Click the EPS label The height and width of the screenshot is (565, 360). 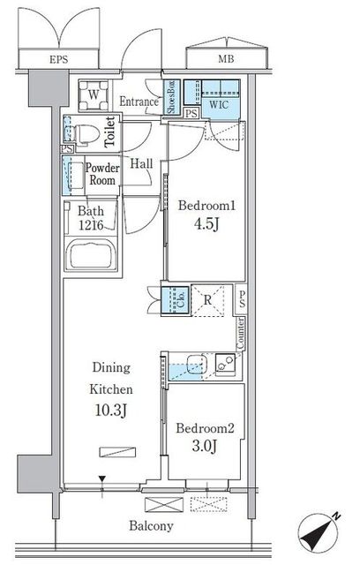(x=59, y=59)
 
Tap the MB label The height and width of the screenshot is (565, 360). (x=226, y=59)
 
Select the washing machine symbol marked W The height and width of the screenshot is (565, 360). (x=94, y=95)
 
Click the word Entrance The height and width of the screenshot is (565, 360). (x=139, y=102)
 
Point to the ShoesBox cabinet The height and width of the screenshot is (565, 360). (x=171, y=97)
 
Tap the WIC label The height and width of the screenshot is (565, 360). (x=219, y=104)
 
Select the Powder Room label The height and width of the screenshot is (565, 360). (x=102, y=174)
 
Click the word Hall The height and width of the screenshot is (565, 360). (x=141, y=163)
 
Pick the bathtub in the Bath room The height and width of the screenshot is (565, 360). (x=93, y=254)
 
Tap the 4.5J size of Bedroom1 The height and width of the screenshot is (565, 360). (x=206, y=223)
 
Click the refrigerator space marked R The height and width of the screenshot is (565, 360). (x=207, y=301)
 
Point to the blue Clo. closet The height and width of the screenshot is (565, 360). (x=175, y=300)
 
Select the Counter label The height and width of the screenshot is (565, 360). (x=241, y=334)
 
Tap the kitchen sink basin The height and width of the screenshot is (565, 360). (x=197, y=364)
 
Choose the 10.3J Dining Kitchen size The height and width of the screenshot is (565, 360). (x=111, y=410)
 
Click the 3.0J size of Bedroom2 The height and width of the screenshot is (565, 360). (x=205, y=447)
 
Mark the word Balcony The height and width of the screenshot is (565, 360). (x=151, y=526)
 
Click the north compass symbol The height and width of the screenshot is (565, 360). (x=319, y=533)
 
